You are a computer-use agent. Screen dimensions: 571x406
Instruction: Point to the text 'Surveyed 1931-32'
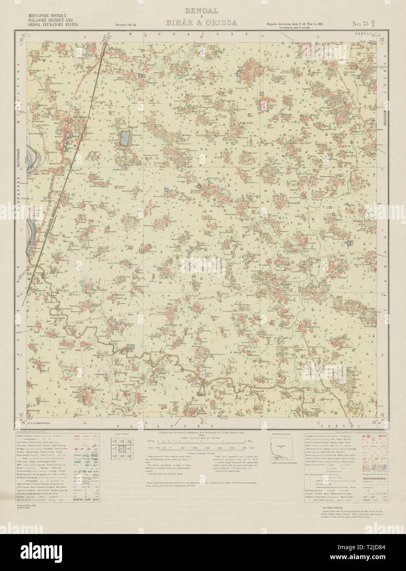pos(125,25)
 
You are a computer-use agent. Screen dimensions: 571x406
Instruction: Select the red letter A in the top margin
pos(85,37)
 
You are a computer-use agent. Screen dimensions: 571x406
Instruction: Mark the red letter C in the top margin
pos(318,37)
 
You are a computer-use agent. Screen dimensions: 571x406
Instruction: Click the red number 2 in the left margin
pos(21,231)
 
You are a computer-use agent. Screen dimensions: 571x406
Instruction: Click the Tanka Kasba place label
pos(247,123)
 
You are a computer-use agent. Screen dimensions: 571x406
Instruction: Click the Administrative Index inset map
pos(281,448)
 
